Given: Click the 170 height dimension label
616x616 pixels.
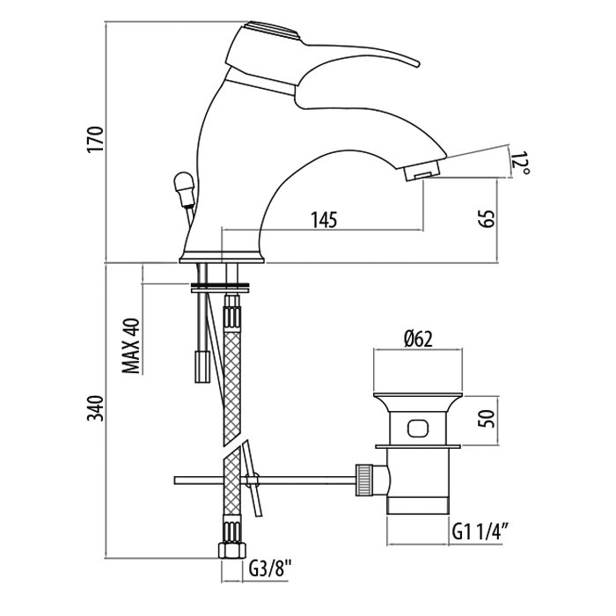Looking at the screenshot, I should click(97, 141).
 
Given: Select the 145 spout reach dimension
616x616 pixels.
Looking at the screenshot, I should click(323, 220).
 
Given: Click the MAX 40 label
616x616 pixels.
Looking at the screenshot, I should click(132, 346).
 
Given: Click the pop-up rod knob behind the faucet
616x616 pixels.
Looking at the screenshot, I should click(182, 186).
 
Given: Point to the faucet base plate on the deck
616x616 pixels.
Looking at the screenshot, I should click(221, 259).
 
